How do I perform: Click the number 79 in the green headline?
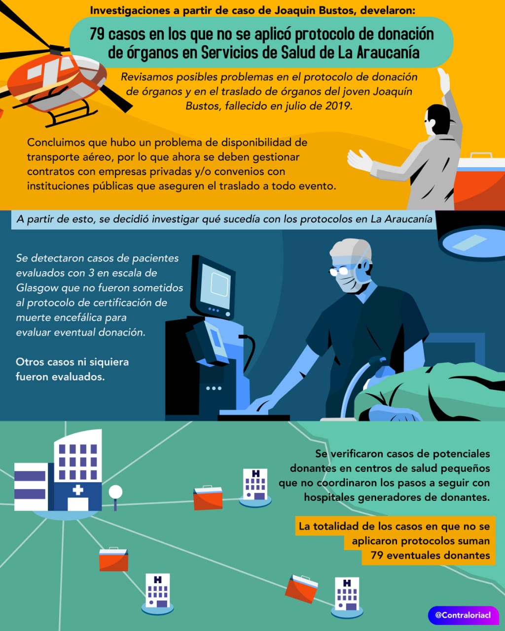97,34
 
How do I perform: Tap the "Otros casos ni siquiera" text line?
72,362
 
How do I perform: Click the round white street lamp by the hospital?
115,492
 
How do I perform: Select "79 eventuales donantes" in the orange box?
430,555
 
